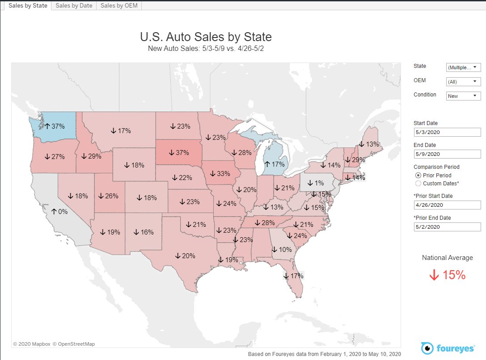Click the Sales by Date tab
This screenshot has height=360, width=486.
(73, 5)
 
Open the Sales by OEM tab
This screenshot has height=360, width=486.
(119, 5)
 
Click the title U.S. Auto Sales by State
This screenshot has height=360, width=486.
(206, 37)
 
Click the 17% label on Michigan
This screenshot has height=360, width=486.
(275, 164)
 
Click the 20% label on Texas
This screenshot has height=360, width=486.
(185, 256)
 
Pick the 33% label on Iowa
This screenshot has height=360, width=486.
(220, 173)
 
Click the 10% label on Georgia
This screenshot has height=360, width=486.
(282, 250)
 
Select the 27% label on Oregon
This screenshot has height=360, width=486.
(55, 157)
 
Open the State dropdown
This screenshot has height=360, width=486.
(463, 67)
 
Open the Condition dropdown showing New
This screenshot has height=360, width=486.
(463, 96)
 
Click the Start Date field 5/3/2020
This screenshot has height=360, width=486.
(447, 132)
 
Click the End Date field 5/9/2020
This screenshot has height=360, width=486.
(447, 154)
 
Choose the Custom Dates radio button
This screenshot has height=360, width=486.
(418, 183)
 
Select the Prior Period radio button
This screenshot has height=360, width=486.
(418, 176)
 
